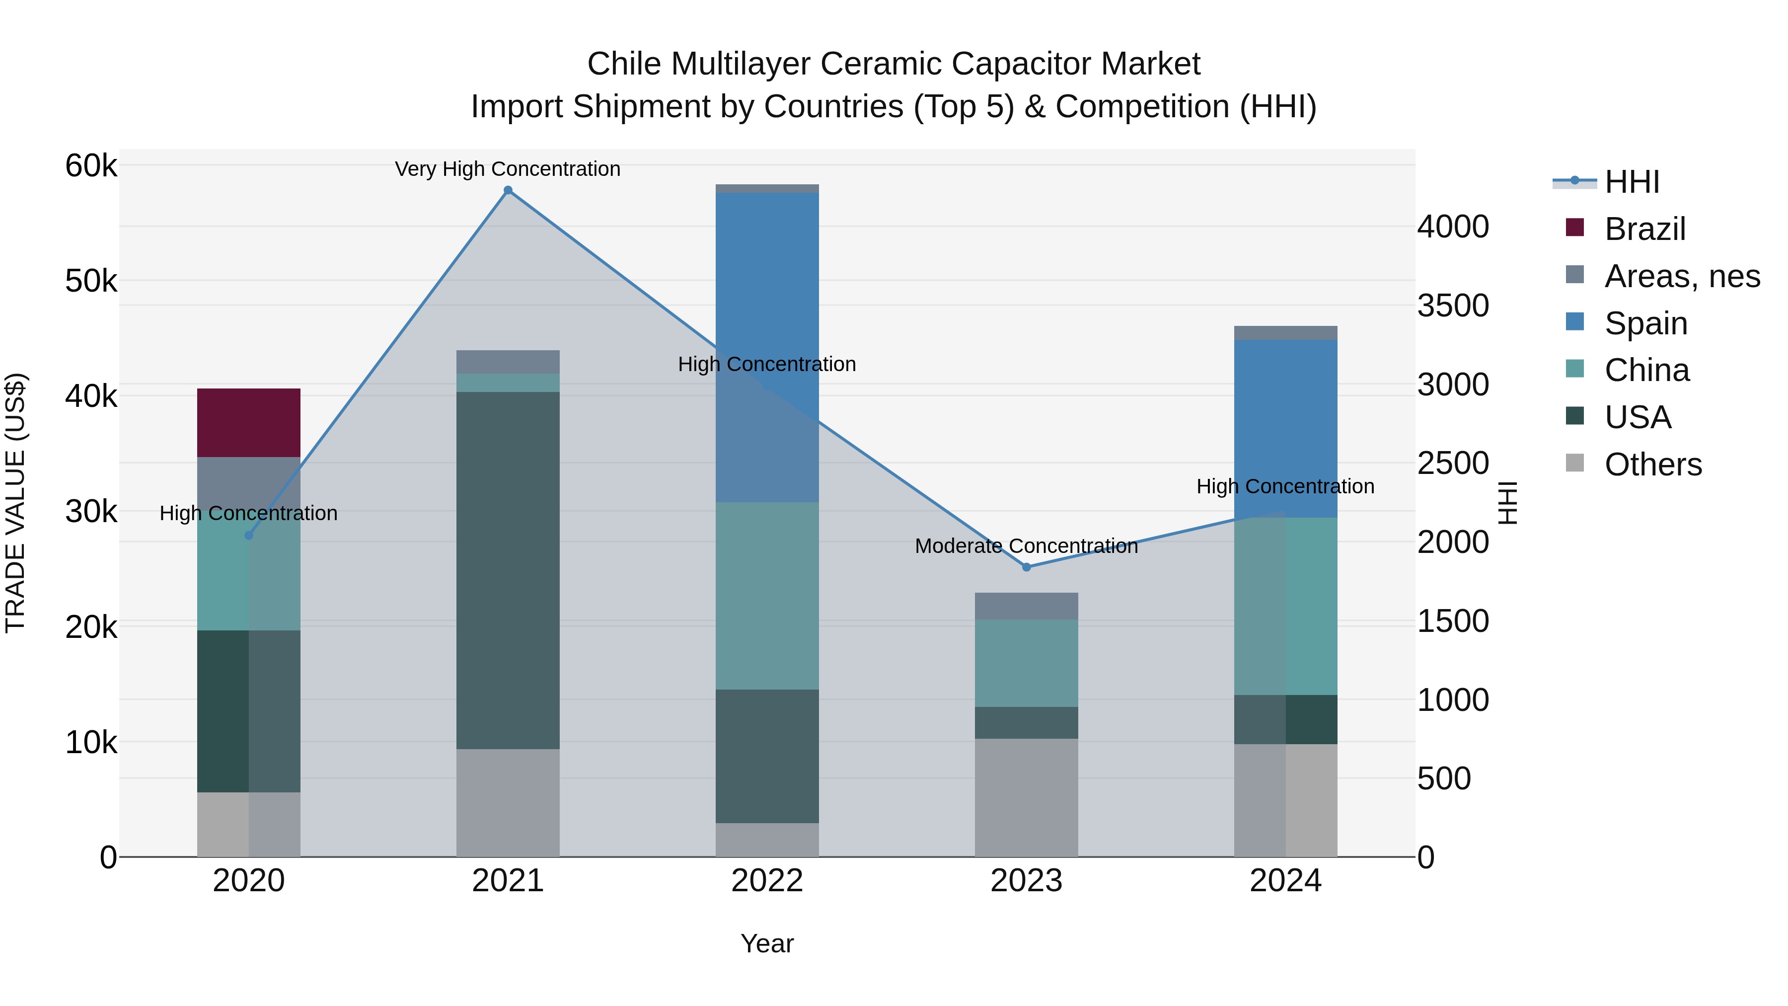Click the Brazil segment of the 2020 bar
[x=248, y=422]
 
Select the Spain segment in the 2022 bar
[x=767, y=347]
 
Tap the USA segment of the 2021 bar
[x=508, y=570]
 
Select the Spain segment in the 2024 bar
[x=1285, y=428]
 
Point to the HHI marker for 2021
[x=508, y=190]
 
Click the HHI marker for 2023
[x=1027, y=567]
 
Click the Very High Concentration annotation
[x=508, y=169]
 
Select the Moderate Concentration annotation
[x=1026, y=546]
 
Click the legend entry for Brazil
[x=1644, y=229]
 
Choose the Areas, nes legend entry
[x=1682, y=276]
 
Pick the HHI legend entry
[x=1631, y=182]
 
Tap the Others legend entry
[x=1652, y=464]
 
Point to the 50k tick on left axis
[x=91, y=281]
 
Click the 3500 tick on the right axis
[x=1453, y=306]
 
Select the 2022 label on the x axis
[x=767, y=881]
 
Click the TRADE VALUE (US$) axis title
[x=15, y=503]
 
